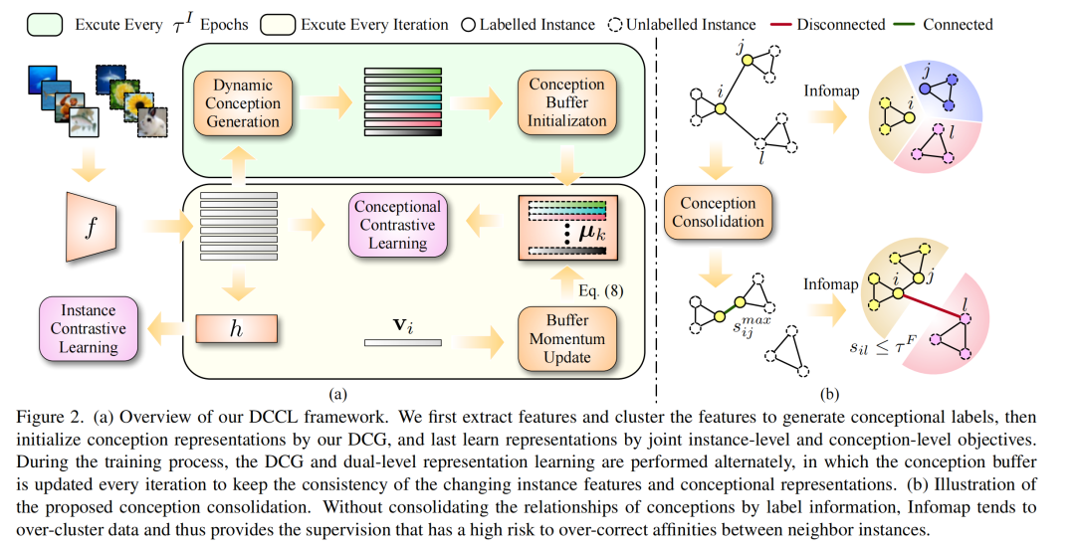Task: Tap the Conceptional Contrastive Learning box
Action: [x=397, y=224]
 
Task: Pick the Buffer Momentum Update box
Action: [x=567, y=339]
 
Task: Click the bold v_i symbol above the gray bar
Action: [x=402, y=324]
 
